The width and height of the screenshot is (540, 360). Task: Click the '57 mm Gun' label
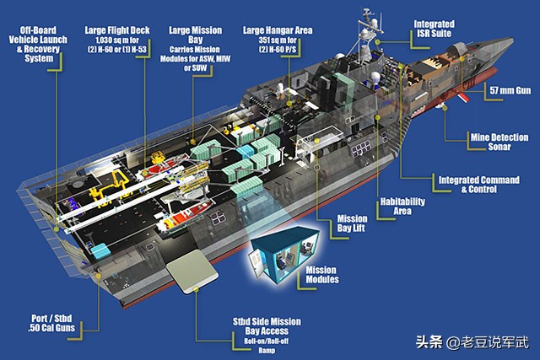[x=510, y=90]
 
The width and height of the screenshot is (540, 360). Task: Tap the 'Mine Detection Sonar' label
[x=499, y=142]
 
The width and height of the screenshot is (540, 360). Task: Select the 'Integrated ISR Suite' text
[x=434, y=29]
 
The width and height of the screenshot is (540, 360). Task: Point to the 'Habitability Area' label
[x=402, y=207]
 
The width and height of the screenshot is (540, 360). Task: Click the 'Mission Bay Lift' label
[x=352, y=223]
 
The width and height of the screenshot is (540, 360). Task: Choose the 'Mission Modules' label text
[x=322, y=275]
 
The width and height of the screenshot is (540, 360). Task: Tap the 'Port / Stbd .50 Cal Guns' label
[x=51, y=323]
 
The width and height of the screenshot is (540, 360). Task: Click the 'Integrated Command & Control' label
[x=478, y=185]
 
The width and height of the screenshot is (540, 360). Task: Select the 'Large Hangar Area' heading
[x=278, y=30]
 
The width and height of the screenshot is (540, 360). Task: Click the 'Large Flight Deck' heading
[x=117, y=30]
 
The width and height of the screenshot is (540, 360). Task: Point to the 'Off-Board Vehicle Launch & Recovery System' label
[x=38, y=44]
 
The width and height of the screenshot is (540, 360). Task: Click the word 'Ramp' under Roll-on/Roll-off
[x=267, y=351]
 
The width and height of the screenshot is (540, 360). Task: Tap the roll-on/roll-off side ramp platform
[x=192, y=271]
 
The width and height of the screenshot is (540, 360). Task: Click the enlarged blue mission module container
[x=283, y=255]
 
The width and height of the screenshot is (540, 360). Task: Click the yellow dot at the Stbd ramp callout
[x=196, y=289]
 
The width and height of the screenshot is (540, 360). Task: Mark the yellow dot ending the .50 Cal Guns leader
[x=99, y=276]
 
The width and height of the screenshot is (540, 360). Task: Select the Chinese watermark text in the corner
[x=472, y=341]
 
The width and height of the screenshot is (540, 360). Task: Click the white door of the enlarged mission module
[x=256, y=262]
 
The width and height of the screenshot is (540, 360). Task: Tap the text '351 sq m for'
[x=278, y=40]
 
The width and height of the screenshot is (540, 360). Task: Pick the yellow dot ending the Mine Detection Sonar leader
[x=445, y=108]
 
